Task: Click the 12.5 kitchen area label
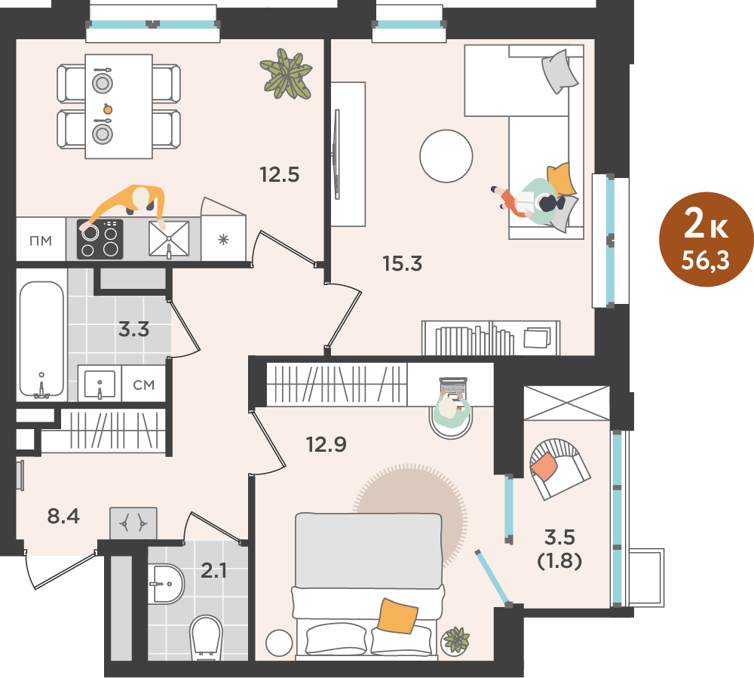[280, 174]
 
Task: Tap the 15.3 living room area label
[403, 263]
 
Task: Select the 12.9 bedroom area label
[326, 444]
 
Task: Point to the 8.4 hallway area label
[63, 517]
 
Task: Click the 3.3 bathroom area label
[133, 330]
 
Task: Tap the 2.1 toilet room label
[213, 571]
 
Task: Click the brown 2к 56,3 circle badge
[706, 239]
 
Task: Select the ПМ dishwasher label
[41, 241]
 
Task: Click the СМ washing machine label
[144, 385]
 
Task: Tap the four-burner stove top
[100, 239]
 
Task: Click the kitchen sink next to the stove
[169, 239]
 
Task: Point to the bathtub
[41, 339]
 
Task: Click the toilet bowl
[207, 638]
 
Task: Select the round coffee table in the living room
[446, 156]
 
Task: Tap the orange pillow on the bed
[397, 615]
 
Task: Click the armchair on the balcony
[559, 468]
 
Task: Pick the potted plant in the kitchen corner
[287, 74]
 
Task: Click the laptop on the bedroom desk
[453, 388]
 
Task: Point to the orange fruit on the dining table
[108, 109]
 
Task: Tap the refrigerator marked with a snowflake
[224, 238]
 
